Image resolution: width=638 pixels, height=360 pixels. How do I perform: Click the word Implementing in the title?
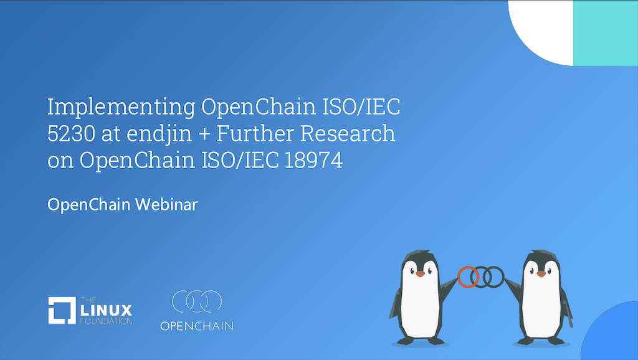[121, 107]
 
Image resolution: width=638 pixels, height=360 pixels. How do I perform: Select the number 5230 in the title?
[71, 133]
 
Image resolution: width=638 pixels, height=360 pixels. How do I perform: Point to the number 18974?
[313, 160]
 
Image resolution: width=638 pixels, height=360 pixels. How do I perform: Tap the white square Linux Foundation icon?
[62, 310]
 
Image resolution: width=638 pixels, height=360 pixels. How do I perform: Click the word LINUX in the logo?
[106, 311]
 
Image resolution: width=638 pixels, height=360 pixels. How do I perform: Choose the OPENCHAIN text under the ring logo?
[196, 326]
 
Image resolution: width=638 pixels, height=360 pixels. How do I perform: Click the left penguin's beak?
[420, 274]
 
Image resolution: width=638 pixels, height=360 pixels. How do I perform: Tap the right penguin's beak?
[541, 274]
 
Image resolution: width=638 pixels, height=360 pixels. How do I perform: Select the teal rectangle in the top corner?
[606, 33]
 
